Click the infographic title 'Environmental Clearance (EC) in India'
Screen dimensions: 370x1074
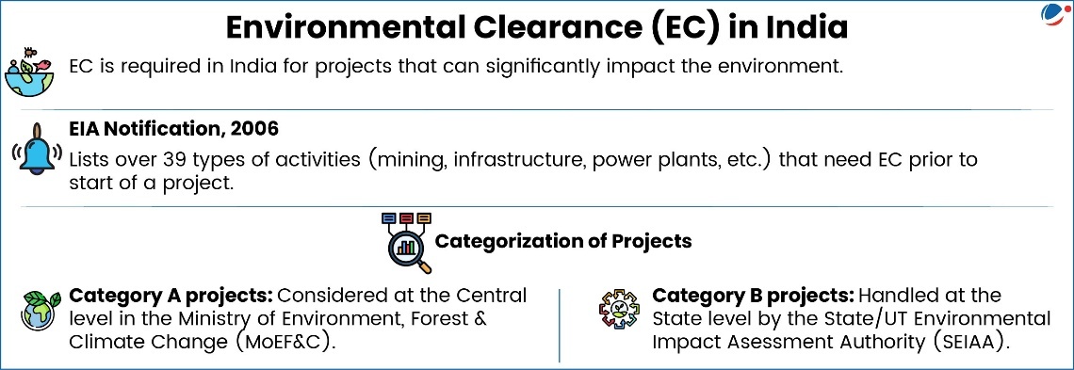coord(537,27)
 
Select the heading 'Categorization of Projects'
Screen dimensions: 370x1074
coord(562,241)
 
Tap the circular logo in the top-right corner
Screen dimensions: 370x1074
coord(1052,14)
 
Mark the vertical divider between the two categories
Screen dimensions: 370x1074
coord(560,324)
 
